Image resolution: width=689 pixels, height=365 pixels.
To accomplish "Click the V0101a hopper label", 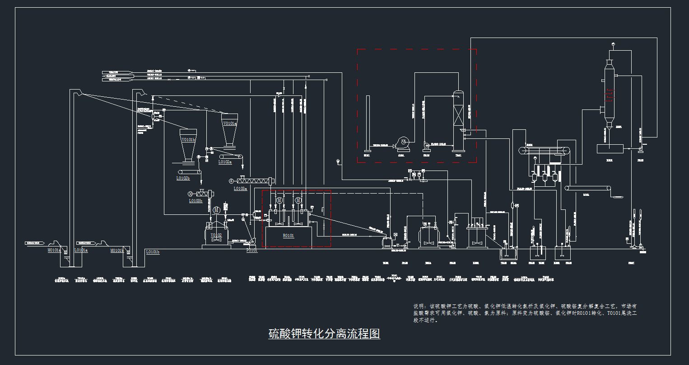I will (229, 123).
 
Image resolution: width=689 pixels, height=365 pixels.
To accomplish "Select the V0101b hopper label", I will (188, 140).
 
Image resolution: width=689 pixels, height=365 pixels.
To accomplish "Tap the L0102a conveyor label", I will (225, 162).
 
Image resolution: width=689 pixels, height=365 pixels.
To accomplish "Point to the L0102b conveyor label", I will (183, 178).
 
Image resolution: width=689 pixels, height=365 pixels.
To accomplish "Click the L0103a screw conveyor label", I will (240, 189).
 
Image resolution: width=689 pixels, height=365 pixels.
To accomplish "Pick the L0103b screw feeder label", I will (196, 201).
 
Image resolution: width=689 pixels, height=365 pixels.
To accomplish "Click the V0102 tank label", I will (216, 235).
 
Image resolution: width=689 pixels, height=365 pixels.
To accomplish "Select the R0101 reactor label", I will (288, 236).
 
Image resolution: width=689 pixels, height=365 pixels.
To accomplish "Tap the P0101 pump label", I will (251, 250).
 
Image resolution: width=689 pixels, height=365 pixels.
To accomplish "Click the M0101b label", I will (116, 251).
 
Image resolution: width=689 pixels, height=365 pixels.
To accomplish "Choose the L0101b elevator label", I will (153, 252).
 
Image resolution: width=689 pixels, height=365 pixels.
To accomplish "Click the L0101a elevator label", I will (81, 250).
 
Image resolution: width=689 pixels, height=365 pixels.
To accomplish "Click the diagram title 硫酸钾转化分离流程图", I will (324, 334).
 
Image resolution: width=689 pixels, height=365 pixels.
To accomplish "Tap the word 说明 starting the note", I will (419, 307).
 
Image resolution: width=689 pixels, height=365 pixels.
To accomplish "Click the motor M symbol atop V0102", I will (216, 210).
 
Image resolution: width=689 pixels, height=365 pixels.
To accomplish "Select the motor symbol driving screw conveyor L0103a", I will (231, 181).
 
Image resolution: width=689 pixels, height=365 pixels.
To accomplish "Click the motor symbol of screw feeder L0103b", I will (190, 194).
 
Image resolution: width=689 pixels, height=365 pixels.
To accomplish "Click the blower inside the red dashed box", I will (401, 144).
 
